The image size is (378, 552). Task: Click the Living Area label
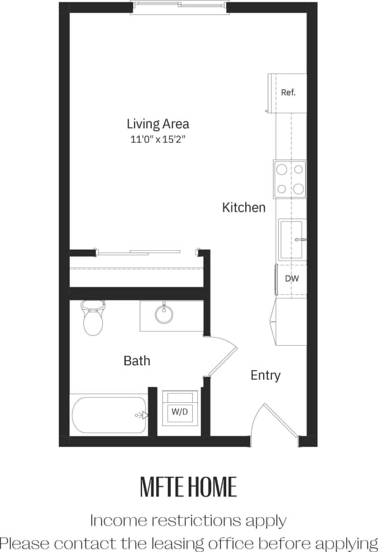(x=158, y=124)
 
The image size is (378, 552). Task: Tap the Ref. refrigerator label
(x=288, y=92)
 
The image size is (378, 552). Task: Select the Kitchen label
(x=244, y=208)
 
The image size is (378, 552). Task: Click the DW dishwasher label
(x=291, y=278)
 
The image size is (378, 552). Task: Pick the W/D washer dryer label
(x=179, y=413)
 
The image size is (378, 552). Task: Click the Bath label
(x=137, y=361)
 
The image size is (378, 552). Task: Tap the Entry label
(x=265, y=375)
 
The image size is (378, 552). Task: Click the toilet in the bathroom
(x=92, y=319)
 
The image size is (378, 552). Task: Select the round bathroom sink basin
(x=164, y=315)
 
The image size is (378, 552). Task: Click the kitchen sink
(x=291, y=239)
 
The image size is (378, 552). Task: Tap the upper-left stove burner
(x=282, y=169)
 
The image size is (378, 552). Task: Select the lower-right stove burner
(x=298, y=188)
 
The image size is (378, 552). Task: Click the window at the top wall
(x=181, y=6)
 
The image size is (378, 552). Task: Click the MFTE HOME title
(x=188, y=487)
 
